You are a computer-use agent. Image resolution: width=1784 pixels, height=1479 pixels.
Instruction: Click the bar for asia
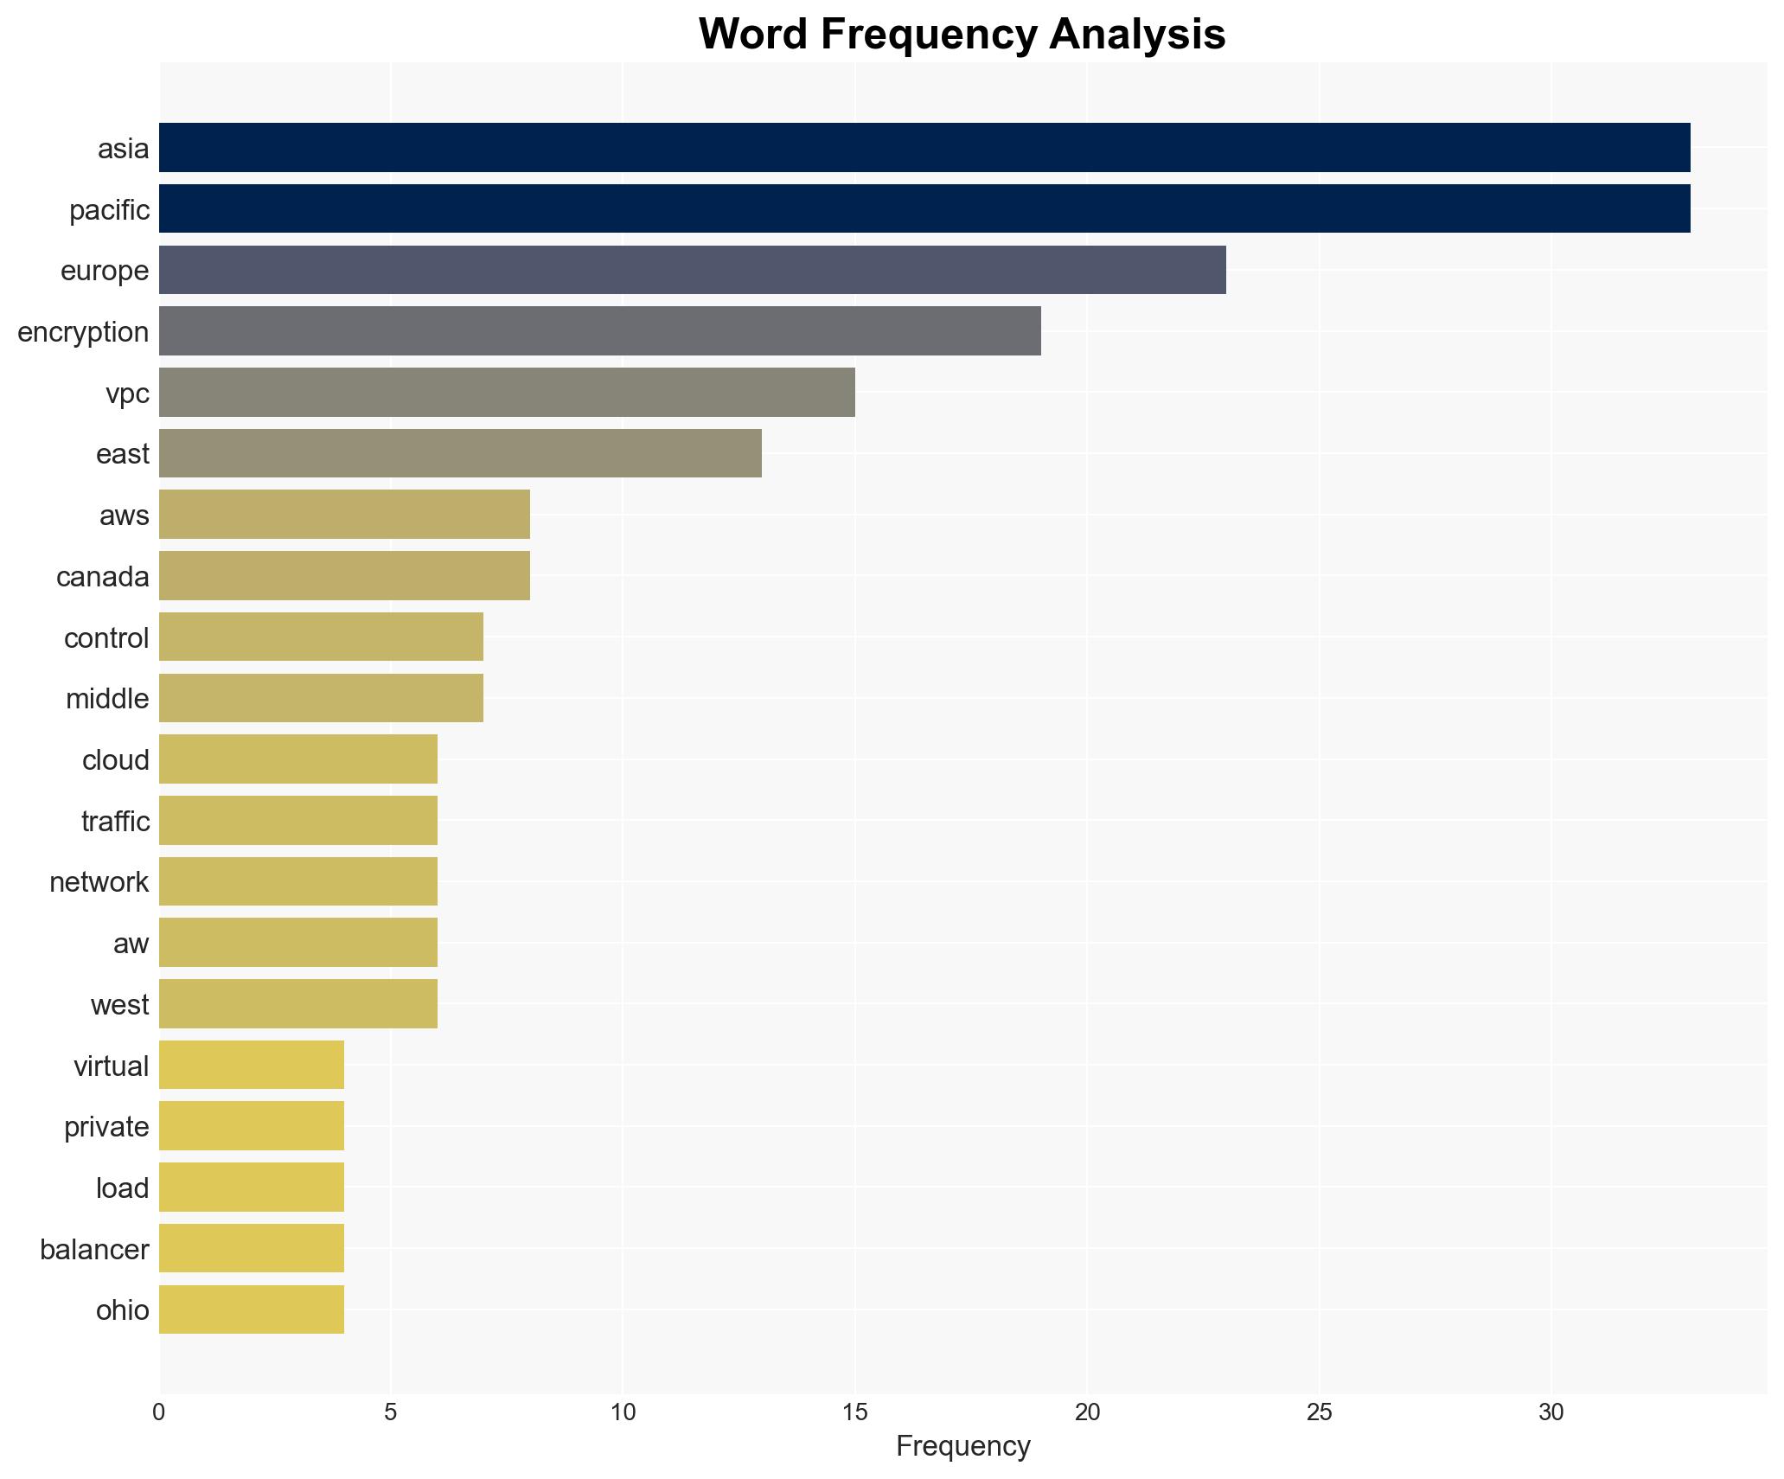click(x=924, y=147)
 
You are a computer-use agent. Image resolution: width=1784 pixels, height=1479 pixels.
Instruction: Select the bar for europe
click(x=692, y=270)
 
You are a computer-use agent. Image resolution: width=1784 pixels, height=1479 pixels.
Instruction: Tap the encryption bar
click(x=599, y=331)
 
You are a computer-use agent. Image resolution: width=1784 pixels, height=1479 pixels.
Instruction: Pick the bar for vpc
click(x=507, y=393)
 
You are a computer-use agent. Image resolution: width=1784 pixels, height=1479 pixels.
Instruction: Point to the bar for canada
click(x=344, y=576)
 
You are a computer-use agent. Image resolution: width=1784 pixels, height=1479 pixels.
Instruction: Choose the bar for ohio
click(x=252, y=1309)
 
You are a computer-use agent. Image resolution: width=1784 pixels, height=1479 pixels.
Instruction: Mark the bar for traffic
click(x=298, y=821)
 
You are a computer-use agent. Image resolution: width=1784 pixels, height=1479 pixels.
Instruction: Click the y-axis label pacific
click(x=109, y=210)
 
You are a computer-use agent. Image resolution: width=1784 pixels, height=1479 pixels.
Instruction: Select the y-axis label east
click(x=122, y=454)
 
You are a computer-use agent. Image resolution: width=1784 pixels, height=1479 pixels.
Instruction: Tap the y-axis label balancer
click(x=94, y=1249)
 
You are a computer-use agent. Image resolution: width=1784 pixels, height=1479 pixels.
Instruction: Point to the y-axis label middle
click(x=107, y=699)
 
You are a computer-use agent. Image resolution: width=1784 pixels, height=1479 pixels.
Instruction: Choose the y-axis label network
click(x=99, y=882)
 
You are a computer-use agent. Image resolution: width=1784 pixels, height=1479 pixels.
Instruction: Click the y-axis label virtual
click(x=111, y=1066)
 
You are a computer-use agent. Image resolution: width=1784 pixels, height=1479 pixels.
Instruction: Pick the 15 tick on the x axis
click(x=854, y=1412)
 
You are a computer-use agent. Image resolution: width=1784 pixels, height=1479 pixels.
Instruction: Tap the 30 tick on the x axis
click(x=1551, y=1412)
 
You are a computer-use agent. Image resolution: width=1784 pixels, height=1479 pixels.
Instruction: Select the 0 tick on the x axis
click(x=159, y=1412)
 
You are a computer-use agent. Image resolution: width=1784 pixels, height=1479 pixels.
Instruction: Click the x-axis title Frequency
click(x=962, y=1446)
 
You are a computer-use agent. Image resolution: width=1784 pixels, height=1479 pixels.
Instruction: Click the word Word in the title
click(x=753, y=35)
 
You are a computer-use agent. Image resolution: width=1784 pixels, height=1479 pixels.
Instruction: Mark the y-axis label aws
click(x=124, y=515)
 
